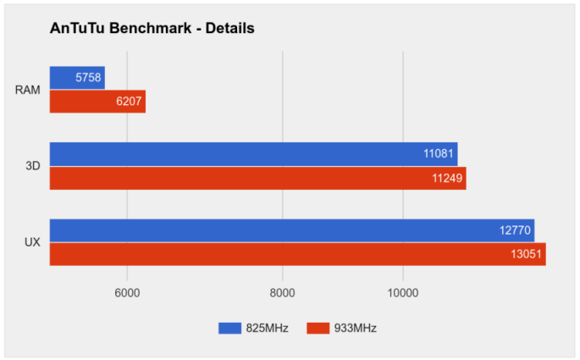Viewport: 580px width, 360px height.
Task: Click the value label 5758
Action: tap(87, 78)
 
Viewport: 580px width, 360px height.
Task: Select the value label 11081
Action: tap(439, 154)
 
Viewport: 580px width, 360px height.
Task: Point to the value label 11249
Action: tap(448, 178)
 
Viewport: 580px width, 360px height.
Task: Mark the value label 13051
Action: tap(528, 254)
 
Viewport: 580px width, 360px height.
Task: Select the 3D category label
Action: tap(32, 166)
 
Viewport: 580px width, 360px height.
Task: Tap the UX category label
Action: tap(31, 242)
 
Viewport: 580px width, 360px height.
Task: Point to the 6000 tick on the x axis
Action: tap(127, 293)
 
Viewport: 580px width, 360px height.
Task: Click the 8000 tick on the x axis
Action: tap(282, 293)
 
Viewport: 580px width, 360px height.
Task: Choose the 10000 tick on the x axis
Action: tap(402, 293)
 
